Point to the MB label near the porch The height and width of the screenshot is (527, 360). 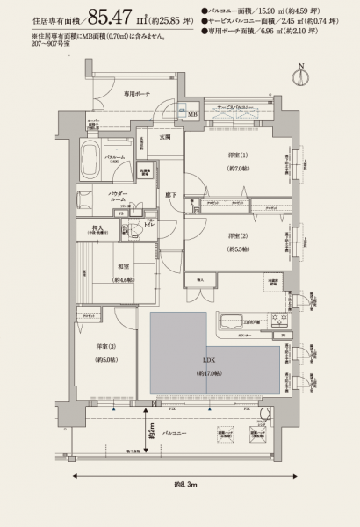pyautogui.click(x=192, y=114)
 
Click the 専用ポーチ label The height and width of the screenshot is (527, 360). pyautogui.click(x=135, y=92)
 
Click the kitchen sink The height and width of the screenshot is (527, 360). pyautogui.click(x=234, y=320)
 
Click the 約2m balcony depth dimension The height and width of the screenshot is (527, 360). pyautogui.click(x=152, y=432)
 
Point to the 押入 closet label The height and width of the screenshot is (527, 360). pyautogui.click(x=98, y=230)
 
